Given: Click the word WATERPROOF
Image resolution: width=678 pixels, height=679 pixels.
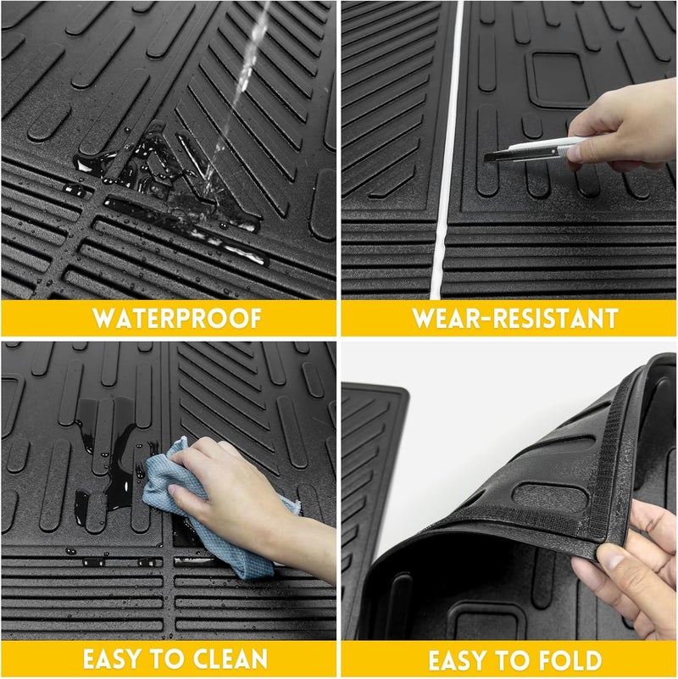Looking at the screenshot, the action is pyautogui.click(x=177, y=318).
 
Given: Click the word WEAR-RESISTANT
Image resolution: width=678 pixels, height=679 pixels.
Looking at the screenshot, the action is pyautogui.click(x=515, y=318).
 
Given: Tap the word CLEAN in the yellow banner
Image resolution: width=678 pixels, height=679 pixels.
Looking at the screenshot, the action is pyautogui.click(x=231, y=659).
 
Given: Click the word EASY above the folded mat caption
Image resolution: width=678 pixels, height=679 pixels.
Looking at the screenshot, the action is pyautogui.click(x=459, y=660).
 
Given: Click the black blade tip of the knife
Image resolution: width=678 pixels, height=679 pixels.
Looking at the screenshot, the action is pyautogui.click(x=486, y=158).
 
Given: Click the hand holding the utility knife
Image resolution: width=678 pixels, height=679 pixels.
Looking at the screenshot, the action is pyautogui.click(x=624, y=125).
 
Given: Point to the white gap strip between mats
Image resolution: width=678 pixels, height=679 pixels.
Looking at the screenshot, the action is pyautogui.click(x=445, y=150).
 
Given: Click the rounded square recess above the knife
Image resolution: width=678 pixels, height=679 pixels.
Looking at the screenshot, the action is pyautogui.click(x=558, y=79).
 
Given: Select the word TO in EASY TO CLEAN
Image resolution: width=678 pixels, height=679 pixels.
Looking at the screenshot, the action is pyautogui.click(x=171, y=659).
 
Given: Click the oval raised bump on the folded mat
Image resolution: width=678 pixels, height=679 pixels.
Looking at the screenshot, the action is pyautogui.click(x=550, y=497).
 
